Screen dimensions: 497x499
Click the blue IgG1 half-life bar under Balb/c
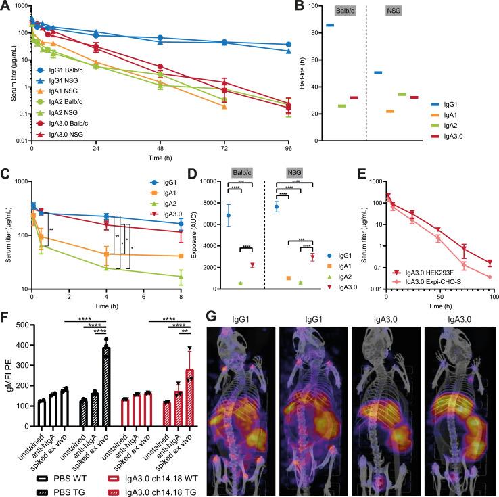pyautogui.click(x=330, y=25)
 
